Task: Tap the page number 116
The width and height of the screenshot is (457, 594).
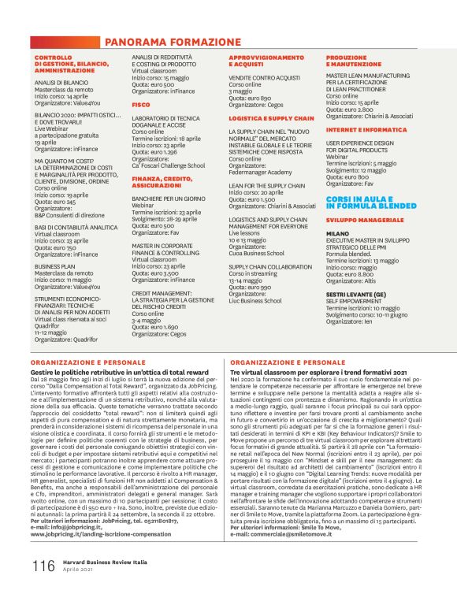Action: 43,566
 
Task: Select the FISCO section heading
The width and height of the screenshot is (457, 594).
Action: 141,104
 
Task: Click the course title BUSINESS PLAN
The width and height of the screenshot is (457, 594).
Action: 54,267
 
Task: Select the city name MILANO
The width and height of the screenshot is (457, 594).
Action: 337,234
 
